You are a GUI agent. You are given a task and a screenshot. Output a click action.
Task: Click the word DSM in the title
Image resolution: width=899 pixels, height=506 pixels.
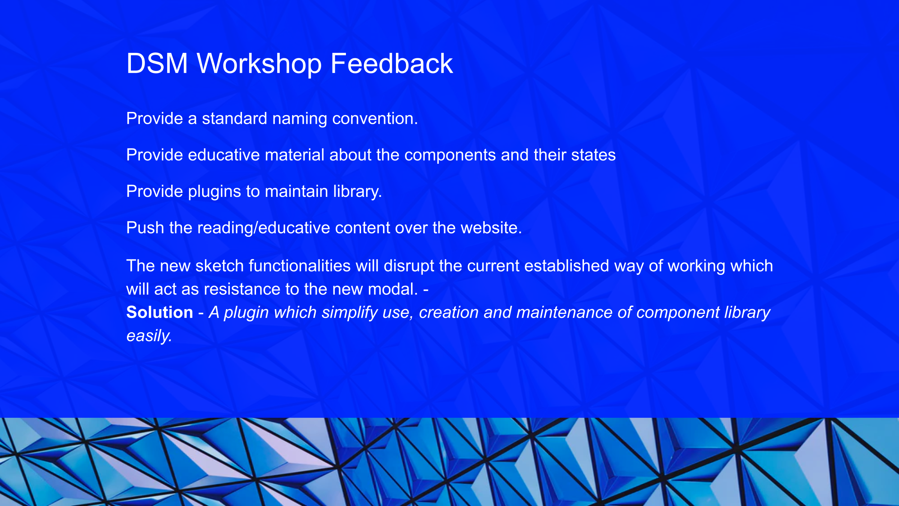[157, 63]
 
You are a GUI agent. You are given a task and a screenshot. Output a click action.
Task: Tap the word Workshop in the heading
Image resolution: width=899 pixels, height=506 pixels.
[259, 64]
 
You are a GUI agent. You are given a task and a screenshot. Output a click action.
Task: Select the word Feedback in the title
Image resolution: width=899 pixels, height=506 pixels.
[392, 63]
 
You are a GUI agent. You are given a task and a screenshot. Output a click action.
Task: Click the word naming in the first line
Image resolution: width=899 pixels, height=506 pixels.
[300, 119]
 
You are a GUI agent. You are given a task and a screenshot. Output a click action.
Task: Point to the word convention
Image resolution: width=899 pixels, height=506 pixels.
[375, 118]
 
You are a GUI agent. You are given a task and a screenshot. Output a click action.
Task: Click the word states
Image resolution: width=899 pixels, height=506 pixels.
[593, 155]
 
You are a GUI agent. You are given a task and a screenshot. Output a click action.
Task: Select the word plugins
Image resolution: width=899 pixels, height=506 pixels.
[215, 192]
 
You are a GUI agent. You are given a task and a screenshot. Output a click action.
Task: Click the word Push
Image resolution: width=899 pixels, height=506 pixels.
[145, 228]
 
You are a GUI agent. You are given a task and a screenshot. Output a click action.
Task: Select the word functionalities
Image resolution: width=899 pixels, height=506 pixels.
[300, 266]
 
